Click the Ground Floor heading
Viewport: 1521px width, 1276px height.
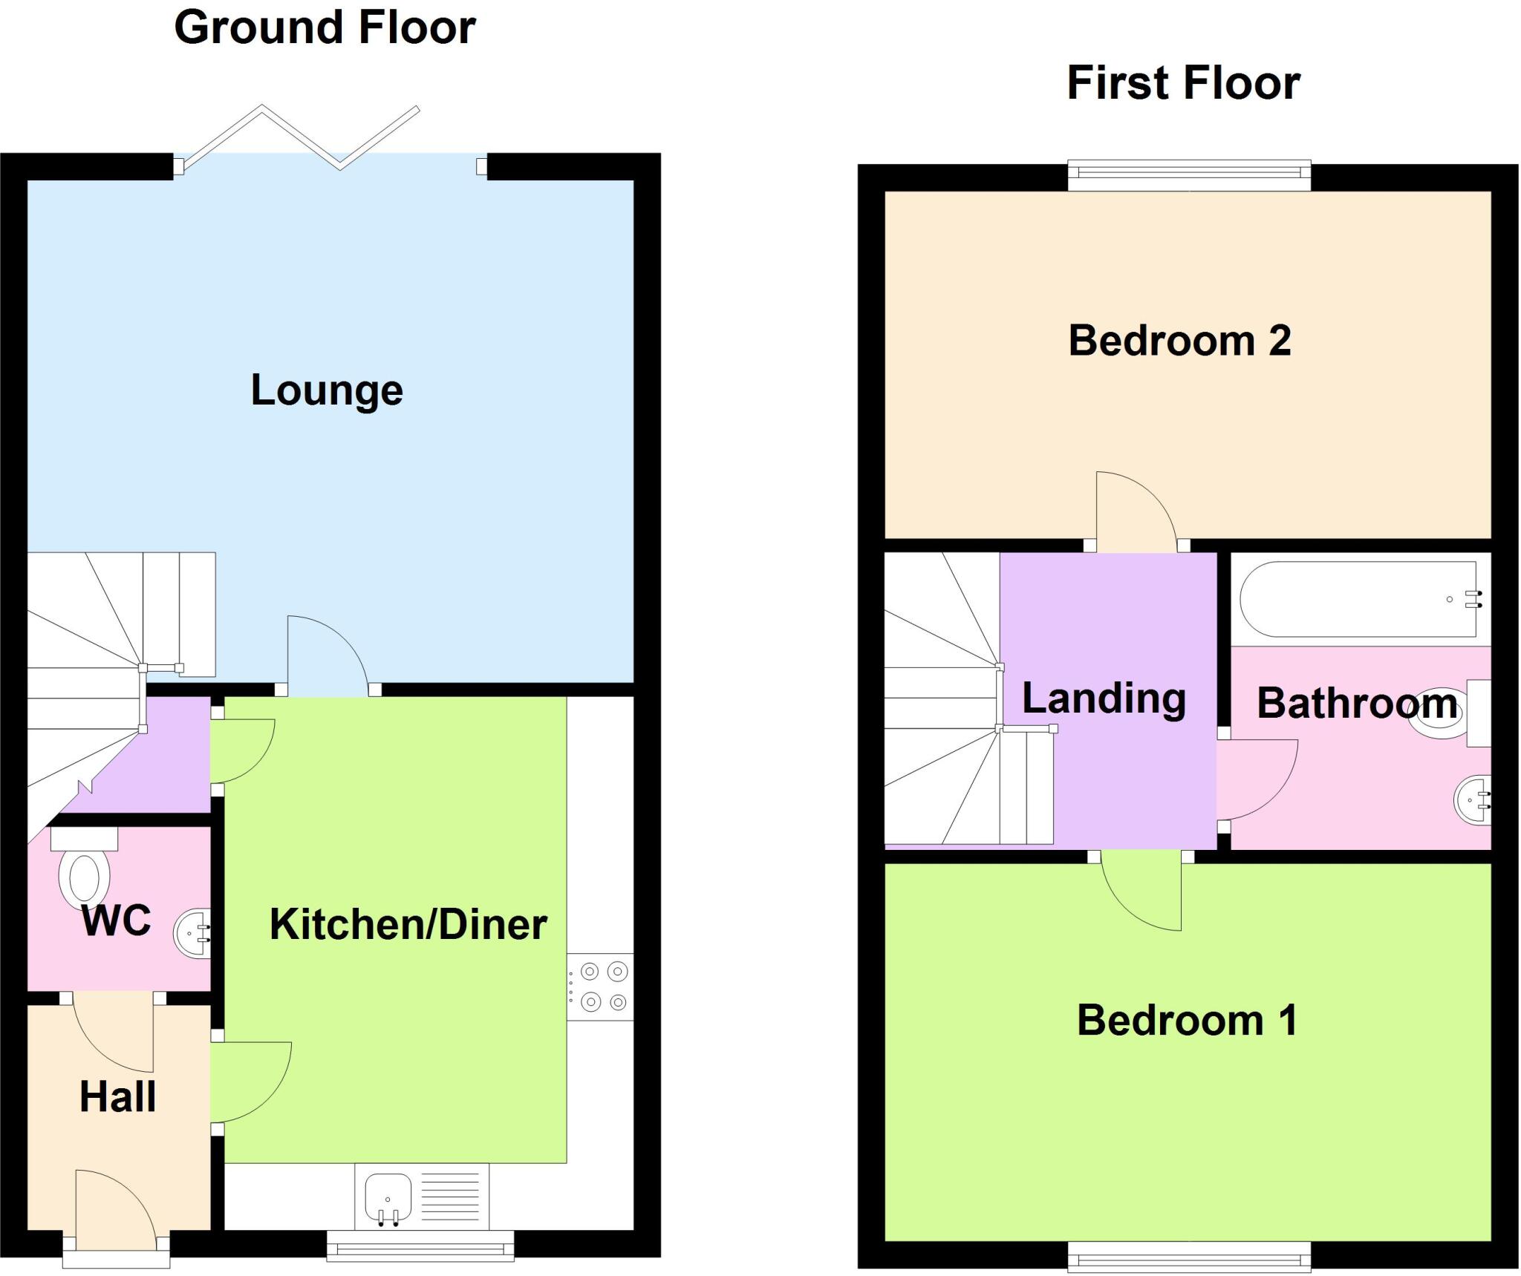(325, 28)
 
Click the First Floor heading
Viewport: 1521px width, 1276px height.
(1183, 83)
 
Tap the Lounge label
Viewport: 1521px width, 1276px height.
(327, 390)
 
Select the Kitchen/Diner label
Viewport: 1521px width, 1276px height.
(408, 925)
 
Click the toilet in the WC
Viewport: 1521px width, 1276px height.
(84, 877)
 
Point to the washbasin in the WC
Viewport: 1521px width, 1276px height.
(192, 933)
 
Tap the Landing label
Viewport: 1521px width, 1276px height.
(1104, 698)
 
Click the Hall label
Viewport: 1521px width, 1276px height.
(117, 1097)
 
